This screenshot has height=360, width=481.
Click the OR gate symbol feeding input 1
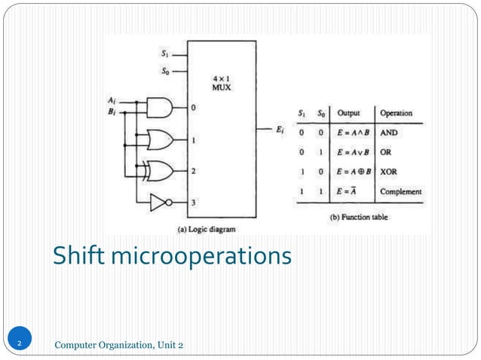tap(161, 139)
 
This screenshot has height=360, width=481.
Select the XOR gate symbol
tap(161, 171)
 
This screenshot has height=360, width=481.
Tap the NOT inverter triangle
tap(159, 202)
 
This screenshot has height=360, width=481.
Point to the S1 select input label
tap(165, 53)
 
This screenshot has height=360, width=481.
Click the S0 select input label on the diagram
tap(165, 72)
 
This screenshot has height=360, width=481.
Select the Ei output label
tap(280, 130)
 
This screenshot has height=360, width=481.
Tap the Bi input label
tap(112, 111)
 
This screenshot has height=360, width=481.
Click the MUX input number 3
tap(193, 202)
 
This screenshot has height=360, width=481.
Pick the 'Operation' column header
tap(396, 114)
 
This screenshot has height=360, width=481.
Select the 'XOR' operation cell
tap(388, 172)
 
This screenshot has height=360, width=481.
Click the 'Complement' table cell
tap(400, 191)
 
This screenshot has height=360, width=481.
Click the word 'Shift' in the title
tap(78, 256)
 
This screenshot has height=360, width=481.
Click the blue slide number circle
tap(20, 344)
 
